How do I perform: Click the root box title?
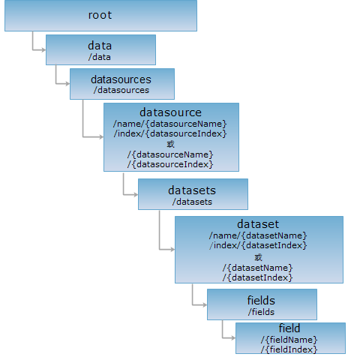tap(100, 15)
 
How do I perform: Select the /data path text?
tap(100, 57)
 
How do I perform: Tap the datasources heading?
tap(121, 79)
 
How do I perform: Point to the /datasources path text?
tap(121, 90)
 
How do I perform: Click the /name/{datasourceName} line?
tap(170, 124)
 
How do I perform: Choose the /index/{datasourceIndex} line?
tap(170, 133)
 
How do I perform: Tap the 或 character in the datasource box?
tap(170, 144)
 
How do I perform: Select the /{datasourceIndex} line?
tap(170, 164)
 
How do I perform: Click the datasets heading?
tap(192, 190)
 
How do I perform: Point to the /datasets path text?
tap(192, 202)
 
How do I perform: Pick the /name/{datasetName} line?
tap(258, 235)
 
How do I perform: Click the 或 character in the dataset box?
tap(258, 257)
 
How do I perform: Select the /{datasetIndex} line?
tap(258, 277)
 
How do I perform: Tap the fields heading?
tap(261, 301)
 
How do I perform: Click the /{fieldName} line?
tap(289, 340)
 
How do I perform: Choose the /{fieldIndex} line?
tap(289, 349)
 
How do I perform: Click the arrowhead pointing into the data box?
tap(43, 50)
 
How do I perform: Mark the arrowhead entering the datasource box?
tap(101, 137)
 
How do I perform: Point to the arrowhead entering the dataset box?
tap(172, 249)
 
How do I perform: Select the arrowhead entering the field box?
tap(233, 338)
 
